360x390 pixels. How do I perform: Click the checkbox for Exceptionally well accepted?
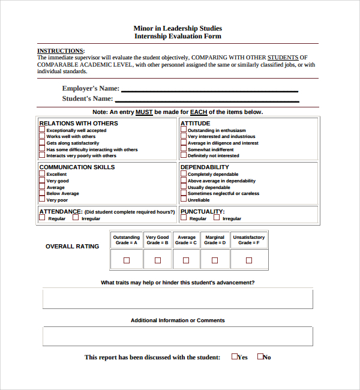coord(42,130)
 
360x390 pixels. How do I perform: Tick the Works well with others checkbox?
coord(42,136)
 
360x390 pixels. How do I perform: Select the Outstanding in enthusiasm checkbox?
coord(184,130)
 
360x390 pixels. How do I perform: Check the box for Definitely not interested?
coord(184,155)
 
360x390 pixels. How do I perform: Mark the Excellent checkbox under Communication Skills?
coord(42,174)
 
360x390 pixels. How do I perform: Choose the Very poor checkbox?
coord(42,200)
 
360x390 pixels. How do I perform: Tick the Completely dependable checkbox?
coord(184,174)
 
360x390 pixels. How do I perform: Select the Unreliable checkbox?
coord(184,200)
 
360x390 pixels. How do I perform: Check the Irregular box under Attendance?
coord(76,218)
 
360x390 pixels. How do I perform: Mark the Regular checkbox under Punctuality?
coord(184,218)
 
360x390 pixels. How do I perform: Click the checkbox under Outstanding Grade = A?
coord(126,260)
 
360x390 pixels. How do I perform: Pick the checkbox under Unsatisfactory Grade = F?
coord(249,260)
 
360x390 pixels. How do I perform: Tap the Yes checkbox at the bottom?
coord(235,356)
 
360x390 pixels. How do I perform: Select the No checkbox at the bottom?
coord(260,356)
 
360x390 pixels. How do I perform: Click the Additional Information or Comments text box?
coord(178,336)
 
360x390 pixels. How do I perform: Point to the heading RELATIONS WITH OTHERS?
coord(79,124)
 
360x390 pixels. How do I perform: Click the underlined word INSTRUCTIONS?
coord(61,51)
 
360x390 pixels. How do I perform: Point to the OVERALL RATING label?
coord(73,247)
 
